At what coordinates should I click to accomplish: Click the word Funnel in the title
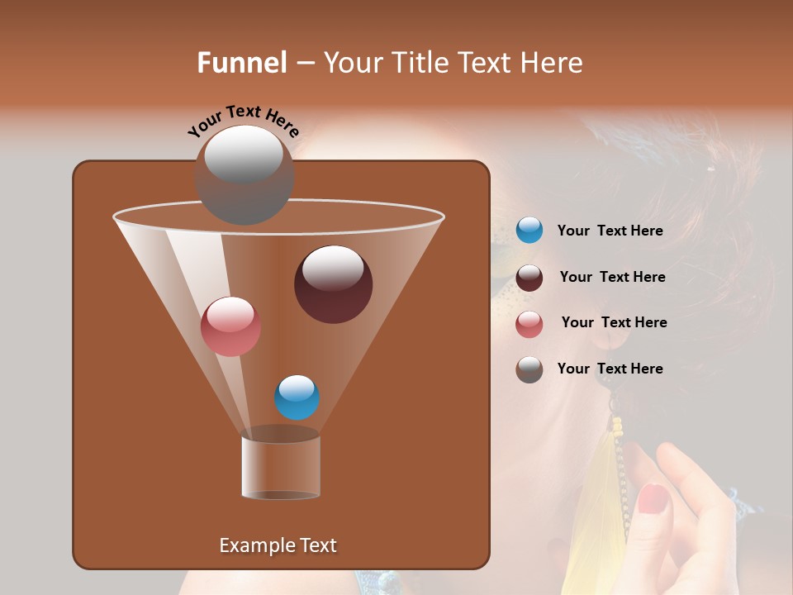[241, 63]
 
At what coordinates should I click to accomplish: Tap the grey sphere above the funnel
[245, 174]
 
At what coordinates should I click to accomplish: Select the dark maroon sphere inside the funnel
[333, 283]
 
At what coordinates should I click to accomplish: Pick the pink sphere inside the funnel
[230, 326]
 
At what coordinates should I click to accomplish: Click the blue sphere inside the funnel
[297, 397]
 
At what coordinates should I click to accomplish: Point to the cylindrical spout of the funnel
[281, 467]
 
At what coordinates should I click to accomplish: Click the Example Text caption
[278, 545]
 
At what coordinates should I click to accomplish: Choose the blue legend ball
[529, 231]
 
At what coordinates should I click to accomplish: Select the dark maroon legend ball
[529, 278]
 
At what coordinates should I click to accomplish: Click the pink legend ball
[529, 324]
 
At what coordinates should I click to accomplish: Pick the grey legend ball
[529, 369]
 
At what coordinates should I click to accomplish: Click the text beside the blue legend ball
[610, 231]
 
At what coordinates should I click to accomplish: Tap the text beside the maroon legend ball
[612, 277]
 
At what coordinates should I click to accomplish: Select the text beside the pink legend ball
[614, 322]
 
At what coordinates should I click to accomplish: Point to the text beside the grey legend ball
[610, 369]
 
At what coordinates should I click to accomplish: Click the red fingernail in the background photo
[653, 498]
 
